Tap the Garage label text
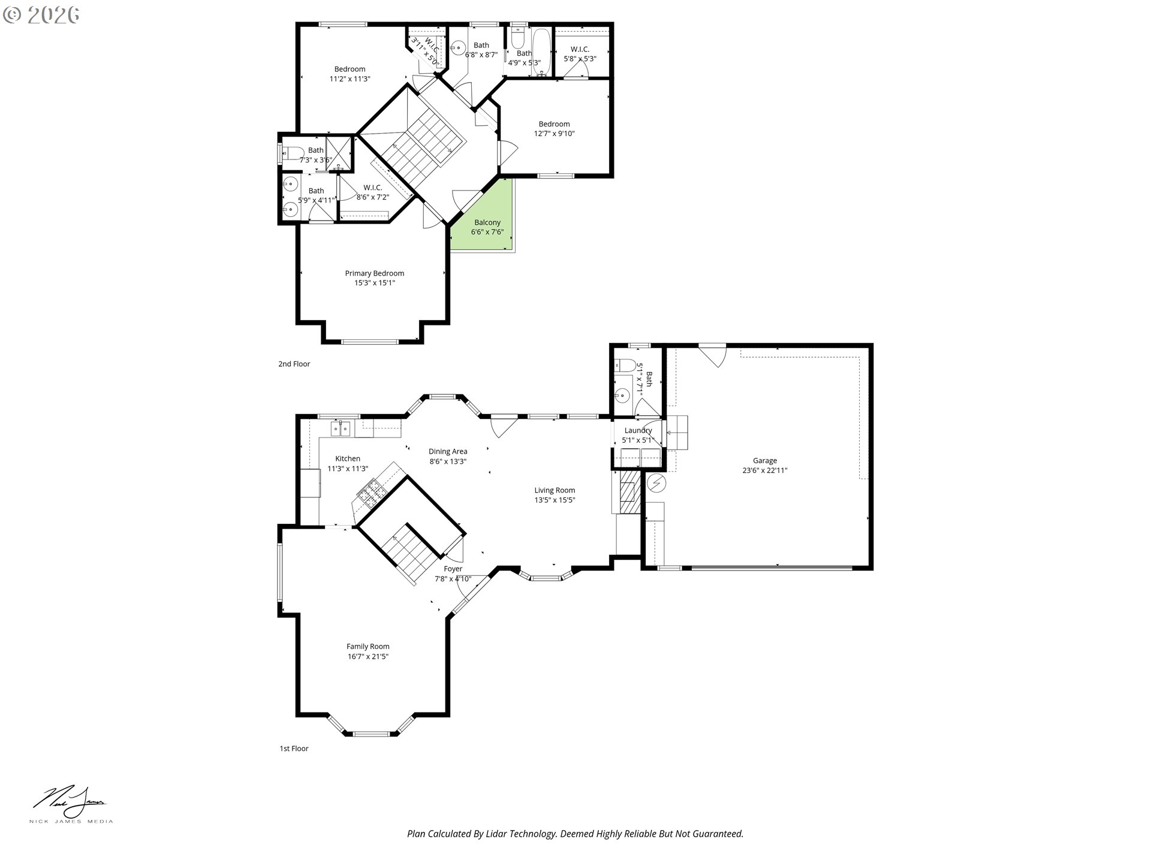(x=764, y=461)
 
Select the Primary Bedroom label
(x=374, y=273)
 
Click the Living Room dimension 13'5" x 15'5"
(x=555, y=500)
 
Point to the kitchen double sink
(x=341, y=429)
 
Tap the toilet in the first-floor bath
(x=625, y=364)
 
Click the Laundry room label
(x=637, y=430)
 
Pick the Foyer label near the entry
(x=453, y=569)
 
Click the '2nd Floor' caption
(x=294, y=364)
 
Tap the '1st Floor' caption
(x=294, y=749)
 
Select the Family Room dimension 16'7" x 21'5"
(x=367, y=656)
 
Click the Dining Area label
(x=447, y=451)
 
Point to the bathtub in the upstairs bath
(x=541, y=52)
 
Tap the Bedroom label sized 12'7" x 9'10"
(x=554, y=124)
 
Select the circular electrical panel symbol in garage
(x=656, y=481)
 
